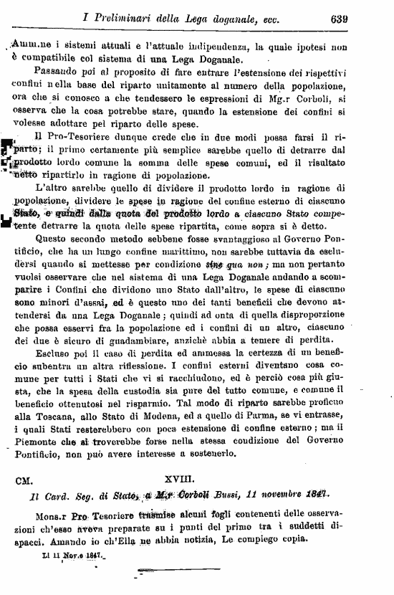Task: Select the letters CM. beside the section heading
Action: coord(28,476)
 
